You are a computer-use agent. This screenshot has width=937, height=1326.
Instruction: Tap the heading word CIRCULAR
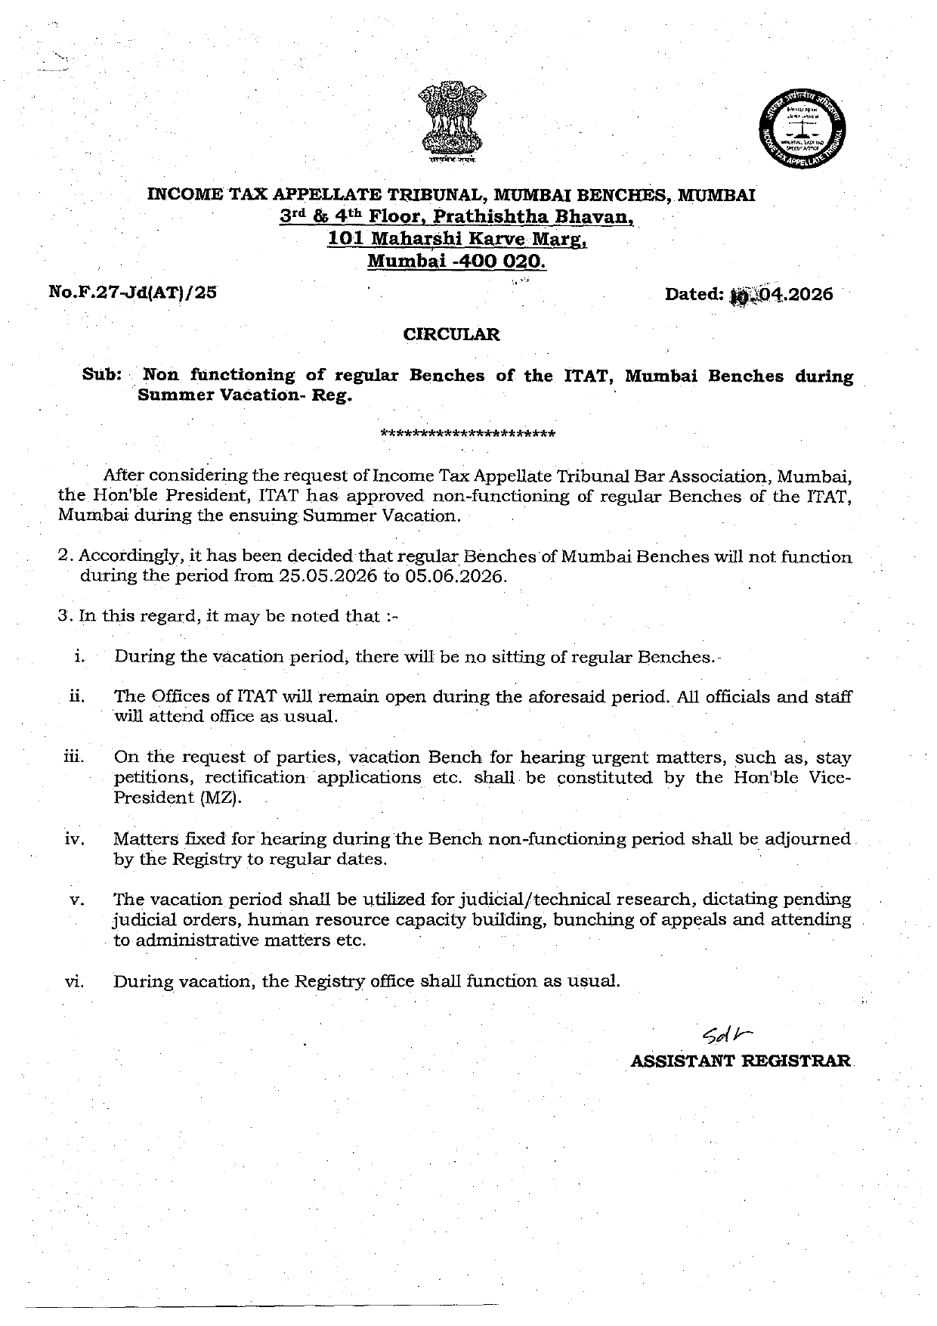tap(451, 333)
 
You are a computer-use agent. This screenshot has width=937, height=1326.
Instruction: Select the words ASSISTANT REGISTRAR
tap(741, 1061)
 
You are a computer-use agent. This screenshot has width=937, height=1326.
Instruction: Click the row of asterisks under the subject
tap(468, 434)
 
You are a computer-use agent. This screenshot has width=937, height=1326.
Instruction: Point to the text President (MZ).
tap(178, 798)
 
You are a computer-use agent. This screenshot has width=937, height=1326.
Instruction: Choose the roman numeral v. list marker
tap(76, 900)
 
